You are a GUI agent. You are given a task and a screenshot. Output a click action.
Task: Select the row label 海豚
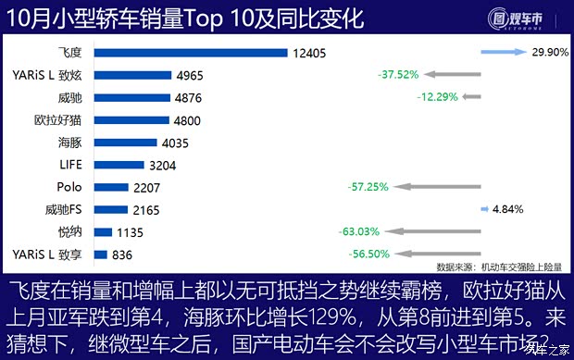[x=69, y=143]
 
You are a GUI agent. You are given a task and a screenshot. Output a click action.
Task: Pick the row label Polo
[x=69, y=187]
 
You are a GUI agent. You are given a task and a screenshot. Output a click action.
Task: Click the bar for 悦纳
[x=102, y=232]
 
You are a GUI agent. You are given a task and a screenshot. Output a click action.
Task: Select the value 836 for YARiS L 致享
[x=122, y=254]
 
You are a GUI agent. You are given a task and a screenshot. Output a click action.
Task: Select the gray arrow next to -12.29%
[x=471, y=97]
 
